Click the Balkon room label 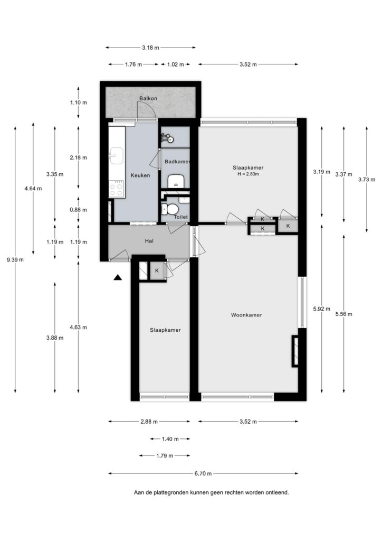(148, 98)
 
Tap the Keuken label (140, 175)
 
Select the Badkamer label (177, 162)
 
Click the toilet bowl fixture (169, 209)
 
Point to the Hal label (149, 241)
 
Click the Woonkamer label (246, 315)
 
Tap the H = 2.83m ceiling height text (248, 174)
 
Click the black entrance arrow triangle (118, 277)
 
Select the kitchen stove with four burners (117, 189)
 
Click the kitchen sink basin (117, 155)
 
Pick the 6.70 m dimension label (203, 474)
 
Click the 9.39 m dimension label (15, 260)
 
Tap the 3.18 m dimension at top (150, 48)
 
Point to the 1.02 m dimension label (175, 64)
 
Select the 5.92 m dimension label (321, 309)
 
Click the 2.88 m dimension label (149, 422)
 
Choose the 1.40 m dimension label (170, 439)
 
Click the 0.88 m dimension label (78, 210)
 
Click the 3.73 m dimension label (367, 180)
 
